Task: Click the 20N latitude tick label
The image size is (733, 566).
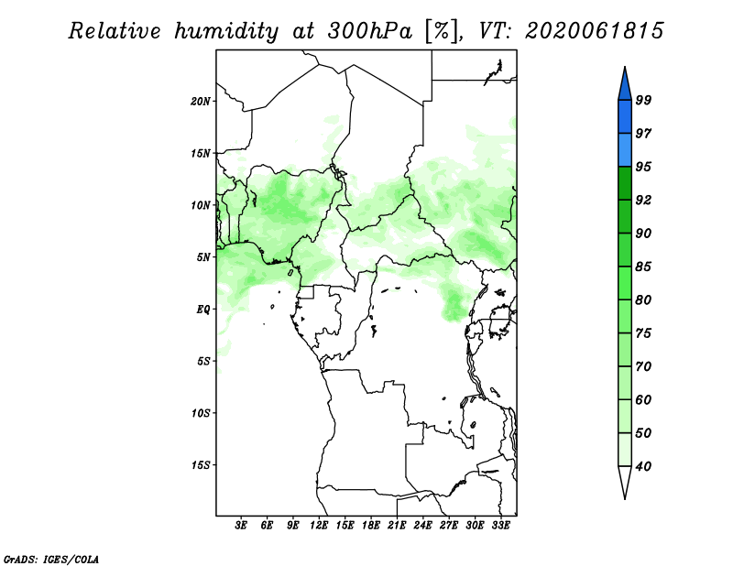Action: pos(201,102)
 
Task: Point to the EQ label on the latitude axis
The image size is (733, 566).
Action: pos(202,310)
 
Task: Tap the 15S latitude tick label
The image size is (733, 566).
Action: pos(201,465)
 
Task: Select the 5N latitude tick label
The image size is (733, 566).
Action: pos(203,257)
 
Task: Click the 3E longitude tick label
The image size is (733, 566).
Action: pos(241,526)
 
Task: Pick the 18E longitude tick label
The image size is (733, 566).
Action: pos(371,526)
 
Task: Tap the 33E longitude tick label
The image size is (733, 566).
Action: pos(500,526)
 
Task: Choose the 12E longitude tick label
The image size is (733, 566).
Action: pos(319,526)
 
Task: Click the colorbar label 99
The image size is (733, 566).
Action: pos(643,100)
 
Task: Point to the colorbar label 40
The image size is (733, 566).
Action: pos(643,466)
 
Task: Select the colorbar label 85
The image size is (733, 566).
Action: pos(643,267)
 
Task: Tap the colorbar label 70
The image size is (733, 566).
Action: pos(643,366)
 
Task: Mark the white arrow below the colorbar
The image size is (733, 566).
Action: pos(625,481)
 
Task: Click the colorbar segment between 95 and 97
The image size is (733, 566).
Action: pos(625,150)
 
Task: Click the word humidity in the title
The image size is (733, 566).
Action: pos(226,32)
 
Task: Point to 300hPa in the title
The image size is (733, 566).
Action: pos(370,31)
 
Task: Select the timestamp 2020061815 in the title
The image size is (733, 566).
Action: pos(594,31)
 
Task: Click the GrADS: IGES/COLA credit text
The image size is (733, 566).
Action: pos(51,559)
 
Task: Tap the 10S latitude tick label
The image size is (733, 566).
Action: pos(201,413)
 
